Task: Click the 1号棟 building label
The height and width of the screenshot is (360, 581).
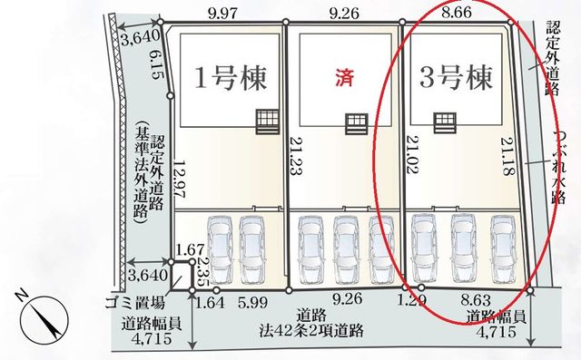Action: tap(231, 78)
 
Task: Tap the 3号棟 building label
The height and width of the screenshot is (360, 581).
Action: tap(456, 77)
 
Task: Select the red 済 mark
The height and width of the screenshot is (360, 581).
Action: tap(345, 78)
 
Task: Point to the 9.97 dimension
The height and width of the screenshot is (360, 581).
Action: tap(222, 15)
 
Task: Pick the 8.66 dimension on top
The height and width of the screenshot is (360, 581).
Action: tap(457, 13)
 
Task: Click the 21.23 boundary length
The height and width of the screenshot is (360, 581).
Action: tap(297, 156)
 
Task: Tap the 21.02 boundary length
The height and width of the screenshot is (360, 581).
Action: tap(413, 154)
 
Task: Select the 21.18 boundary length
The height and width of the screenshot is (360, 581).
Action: tap(507, 156)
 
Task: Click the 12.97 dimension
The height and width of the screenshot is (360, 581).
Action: tap(180, 179)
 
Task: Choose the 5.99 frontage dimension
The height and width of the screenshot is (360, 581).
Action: tap(252, 303)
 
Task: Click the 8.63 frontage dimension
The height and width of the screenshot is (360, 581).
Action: tap(475, 299)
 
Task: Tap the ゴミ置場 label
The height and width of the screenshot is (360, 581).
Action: tap(134, 304)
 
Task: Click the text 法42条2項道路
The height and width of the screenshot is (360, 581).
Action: tap(310, 331)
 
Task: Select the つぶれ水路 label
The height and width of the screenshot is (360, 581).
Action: tap(557, 167)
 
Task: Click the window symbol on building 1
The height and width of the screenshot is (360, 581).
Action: tap(268, 122)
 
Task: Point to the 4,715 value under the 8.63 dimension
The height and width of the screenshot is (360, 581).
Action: tap(496, 332)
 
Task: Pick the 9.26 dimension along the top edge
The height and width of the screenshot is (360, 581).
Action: tap(344, 14)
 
